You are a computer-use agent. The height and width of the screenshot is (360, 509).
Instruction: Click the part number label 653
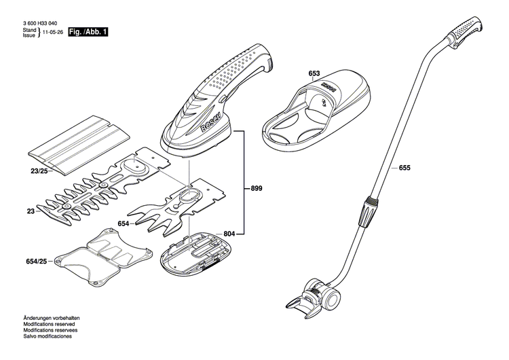click(314, 73)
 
